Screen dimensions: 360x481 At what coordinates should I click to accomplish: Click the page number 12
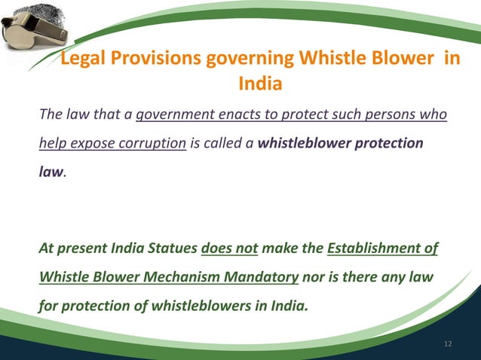(449, 343)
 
